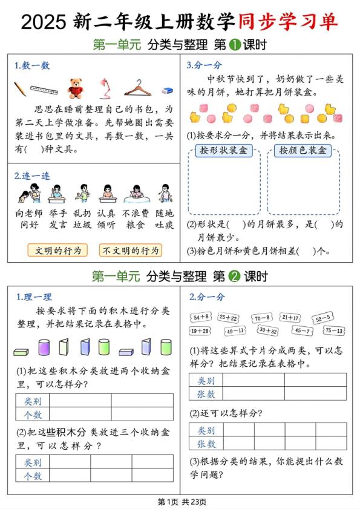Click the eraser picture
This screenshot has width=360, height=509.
tap(167, 90)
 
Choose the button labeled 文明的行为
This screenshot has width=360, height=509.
tap(57, 250)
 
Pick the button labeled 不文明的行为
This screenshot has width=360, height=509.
tap(131, 250)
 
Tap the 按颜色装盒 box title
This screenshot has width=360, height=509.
tap(303, 151)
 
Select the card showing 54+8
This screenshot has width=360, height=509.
tap(201, 317)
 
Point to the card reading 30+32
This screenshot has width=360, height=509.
tap(267, 330)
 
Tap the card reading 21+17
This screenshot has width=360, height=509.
tap(290, 317)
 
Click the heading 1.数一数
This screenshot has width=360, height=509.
tap(32, 66)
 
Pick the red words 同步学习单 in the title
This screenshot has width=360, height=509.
tap(287, 22)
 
